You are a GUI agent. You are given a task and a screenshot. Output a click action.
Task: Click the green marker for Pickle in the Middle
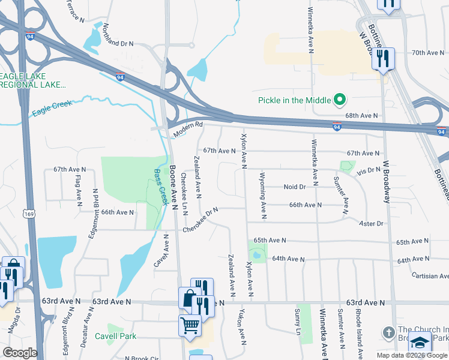click(340, 100)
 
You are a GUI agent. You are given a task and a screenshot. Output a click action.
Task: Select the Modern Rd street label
click(188, 129)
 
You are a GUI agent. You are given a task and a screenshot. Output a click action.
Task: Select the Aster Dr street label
click(370, 224)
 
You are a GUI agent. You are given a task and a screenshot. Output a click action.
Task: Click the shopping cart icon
click(190, 325)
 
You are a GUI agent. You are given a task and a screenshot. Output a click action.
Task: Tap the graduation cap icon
click(420, 343)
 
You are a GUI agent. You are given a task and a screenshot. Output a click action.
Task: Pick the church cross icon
click(388, 332)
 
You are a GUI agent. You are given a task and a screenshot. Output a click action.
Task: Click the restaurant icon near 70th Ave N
click(382, 59)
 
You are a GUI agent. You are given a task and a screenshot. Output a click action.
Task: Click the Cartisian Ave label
click(423, 275)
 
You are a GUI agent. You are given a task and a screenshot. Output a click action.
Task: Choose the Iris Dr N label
click(367, 170)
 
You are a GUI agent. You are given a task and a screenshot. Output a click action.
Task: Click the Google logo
click(20, 353)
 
